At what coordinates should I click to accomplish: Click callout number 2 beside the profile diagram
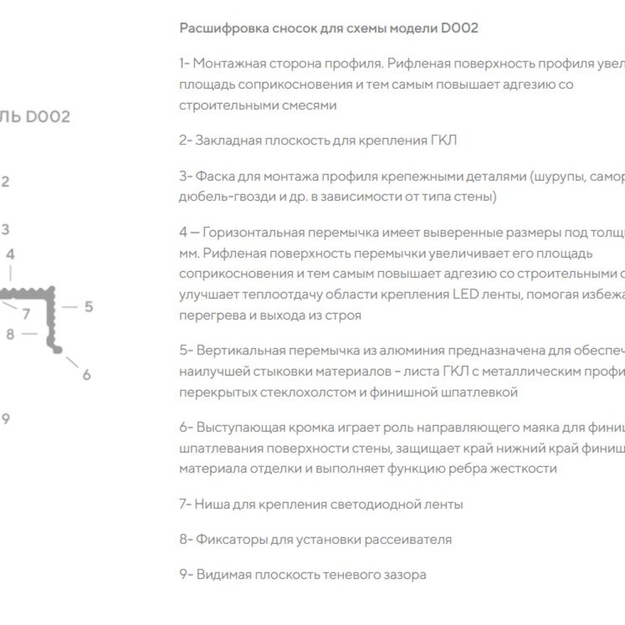tap(5, 182)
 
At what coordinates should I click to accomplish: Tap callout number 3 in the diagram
tap(5, 229)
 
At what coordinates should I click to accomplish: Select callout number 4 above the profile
tap(10, 254)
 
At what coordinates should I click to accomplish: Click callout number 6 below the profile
tap(86, 374)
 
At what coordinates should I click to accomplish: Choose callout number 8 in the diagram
tap(9, 334)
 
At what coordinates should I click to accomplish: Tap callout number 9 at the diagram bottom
tap(5, 419)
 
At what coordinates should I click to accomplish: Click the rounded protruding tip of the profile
tap(59, 351)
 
